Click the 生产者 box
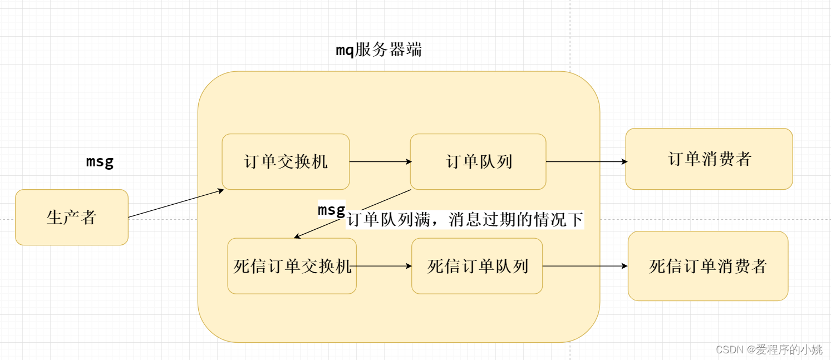click(x=72, y=217)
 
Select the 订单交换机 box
click(x=286, y=161)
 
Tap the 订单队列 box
click(x=478, y=161)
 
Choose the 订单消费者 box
click(x=709, y=159)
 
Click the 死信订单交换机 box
click(x=292, y=266)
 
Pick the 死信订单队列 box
click(x=477, y=266)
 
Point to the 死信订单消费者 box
click(x=707, y=266)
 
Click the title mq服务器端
click(x=378, y=50)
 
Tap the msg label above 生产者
click(x=100, y=161)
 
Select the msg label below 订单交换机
click(x=331, y=210)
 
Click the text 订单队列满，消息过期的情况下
click(x=465, y=220)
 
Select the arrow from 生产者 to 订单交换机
click(x=175, y=204)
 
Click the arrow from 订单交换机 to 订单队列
click(x=380, y=162)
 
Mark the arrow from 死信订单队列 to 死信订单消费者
click(x=584, y=266)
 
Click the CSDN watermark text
click(x=769, y=349)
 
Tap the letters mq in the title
click(x=345, y=51)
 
